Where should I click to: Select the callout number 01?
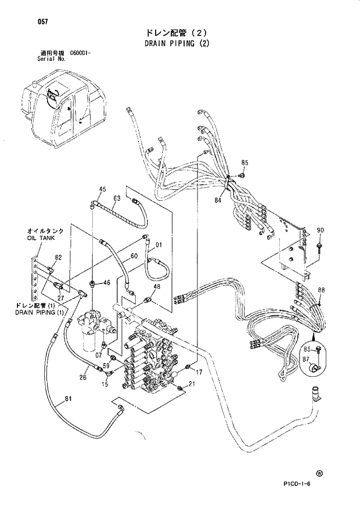(158, 244)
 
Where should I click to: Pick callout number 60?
(134, 256)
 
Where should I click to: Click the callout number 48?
(157, 287)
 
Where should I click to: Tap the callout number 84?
(218, 201)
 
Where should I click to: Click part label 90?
(321, 231)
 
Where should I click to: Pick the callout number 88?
(321, 290)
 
